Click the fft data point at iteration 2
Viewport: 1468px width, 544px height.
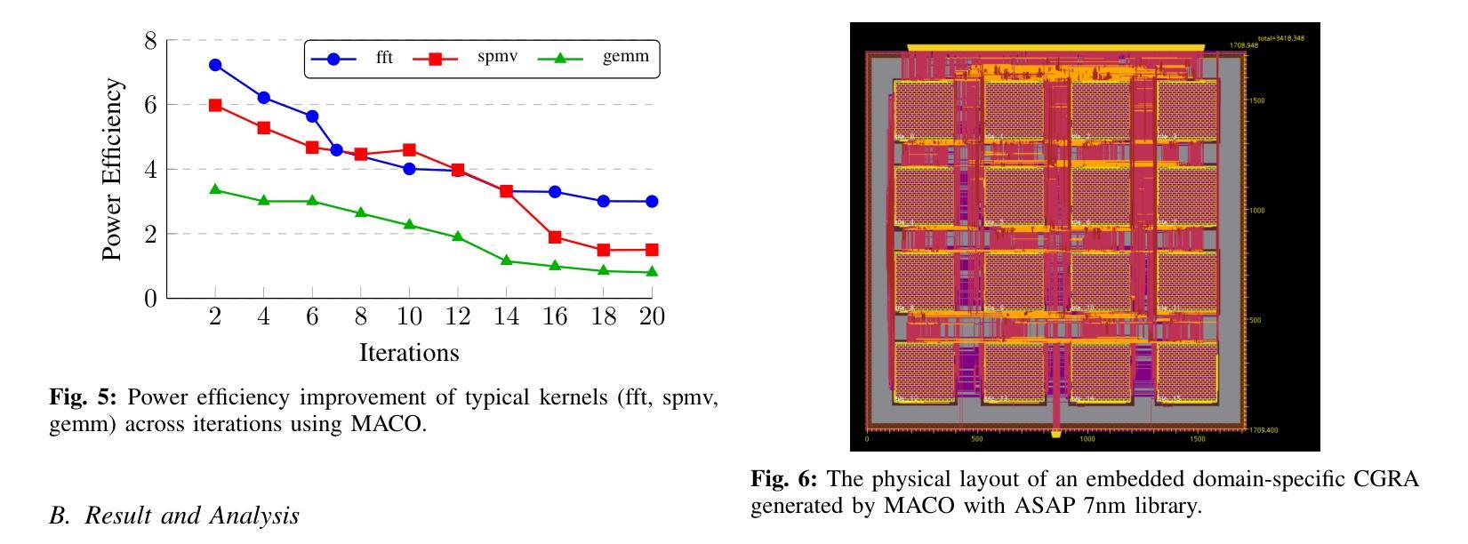pos(215,65)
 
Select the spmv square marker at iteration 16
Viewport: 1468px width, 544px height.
pos(555,237)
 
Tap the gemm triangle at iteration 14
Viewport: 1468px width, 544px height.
pos(506,260)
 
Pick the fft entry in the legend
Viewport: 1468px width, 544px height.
pos(384,59)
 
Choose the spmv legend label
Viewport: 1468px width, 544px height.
pos(497,58)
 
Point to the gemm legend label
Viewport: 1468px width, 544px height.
pos(626,58)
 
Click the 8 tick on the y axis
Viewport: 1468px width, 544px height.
pos(149,41)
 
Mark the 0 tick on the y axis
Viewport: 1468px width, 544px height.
pos(149,299)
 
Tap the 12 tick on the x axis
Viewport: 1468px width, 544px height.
pos(457,317)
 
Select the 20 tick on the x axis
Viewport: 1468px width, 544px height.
pos(652,317)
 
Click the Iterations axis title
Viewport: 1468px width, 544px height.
pos(409,353)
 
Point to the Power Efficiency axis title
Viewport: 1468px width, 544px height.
pos(112,169)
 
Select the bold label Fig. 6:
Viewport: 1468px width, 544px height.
pos(784,480)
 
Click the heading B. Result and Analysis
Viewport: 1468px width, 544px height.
pos(174,516)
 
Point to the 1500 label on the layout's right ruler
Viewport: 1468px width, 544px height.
pos(1256,101)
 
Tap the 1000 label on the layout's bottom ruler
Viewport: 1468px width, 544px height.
pos(1087,439)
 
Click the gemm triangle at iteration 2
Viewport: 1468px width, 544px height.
pos(215,189)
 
